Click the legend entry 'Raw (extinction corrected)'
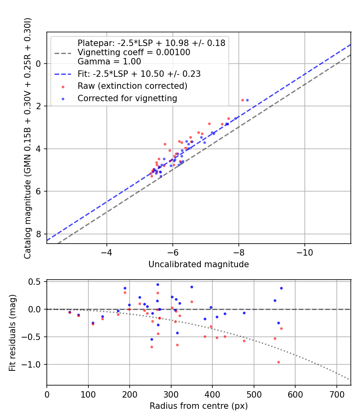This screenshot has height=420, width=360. point(132,86)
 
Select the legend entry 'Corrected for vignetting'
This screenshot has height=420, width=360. point(127,98)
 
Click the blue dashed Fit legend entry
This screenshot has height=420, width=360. point(139,74)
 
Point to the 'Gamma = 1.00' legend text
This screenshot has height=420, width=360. point(109,62)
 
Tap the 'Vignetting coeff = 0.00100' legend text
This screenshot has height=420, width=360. point(134,52)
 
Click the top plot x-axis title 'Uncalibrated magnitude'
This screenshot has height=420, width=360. point(198,264)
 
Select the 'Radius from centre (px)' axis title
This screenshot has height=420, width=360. point(198,406)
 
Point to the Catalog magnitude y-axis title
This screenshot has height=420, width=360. point(27,138)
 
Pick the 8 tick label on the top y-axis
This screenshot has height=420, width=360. point(39,234)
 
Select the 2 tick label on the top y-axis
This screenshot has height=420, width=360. point(39,106)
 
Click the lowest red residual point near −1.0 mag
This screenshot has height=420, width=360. point(278,362)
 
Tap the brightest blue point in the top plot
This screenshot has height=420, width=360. point(247,100)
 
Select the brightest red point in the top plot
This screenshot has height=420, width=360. point(242,100)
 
